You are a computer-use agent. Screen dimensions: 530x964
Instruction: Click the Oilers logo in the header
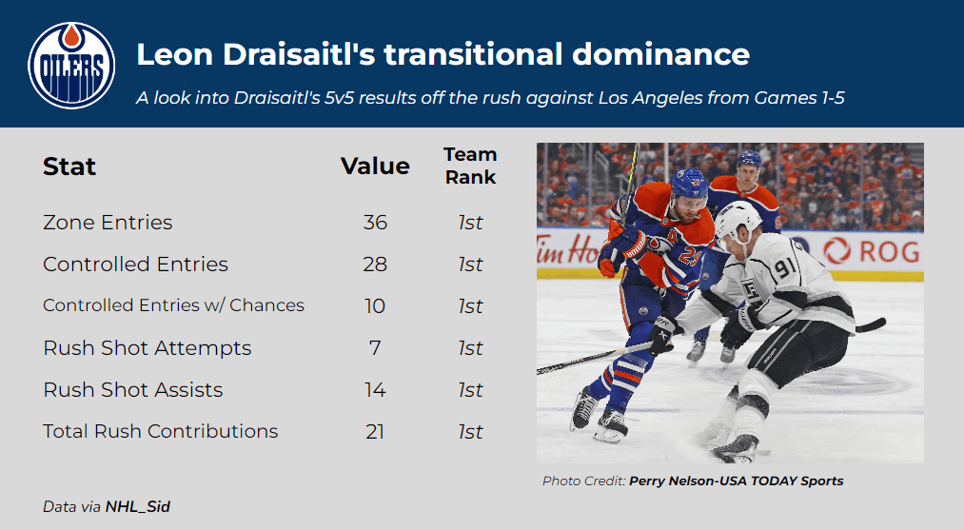pos(71,65)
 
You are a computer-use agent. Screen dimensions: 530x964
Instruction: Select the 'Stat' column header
pos(69,167)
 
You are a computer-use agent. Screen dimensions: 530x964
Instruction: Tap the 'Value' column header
pos(375,166)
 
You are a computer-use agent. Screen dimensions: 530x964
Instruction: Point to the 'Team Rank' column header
pos(470,166)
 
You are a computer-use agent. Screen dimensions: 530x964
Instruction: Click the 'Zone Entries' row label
pos(108,223)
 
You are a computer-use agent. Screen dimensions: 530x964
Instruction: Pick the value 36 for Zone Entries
pos(375,223)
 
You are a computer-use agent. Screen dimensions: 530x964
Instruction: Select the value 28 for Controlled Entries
pos(375,265)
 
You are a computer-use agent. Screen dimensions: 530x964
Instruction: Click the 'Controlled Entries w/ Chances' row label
pos(173,305)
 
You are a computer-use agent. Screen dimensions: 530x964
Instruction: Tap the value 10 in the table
pos(375,306)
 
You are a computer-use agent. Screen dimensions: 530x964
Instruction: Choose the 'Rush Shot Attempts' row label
pos(148,348)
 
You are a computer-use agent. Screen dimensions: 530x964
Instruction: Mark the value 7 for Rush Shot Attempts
pos(375,348)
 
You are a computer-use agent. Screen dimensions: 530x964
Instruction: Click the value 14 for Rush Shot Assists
pos(375,390)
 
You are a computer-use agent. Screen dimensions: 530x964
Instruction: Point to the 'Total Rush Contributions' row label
pos(161,431)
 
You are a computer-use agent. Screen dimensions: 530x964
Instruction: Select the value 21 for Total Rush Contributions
pos(375,432)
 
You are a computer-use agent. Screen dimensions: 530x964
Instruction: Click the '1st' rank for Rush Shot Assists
pos(470,390)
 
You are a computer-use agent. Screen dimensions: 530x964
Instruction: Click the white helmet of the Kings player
pos(738,222)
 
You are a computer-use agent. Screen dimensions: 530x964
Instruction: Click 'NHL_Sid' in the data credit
pos(138,507)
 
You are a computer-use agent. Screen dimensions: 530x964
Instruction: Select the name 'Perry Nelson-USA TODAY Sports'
pos(736,481)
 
